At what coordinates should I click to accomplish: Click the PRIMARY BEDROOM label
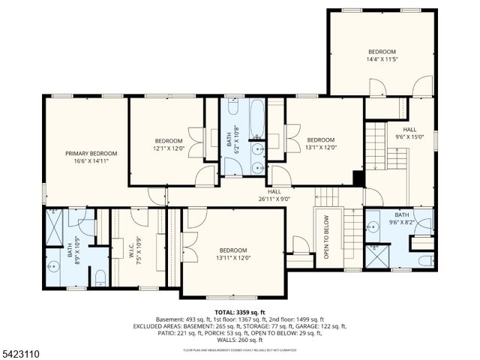coord(91,153)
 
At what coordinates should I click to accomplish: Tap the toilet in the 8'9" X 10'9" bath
coord(100,278)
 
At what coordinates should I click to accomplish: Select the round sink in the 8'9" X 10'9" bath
coord(53,266)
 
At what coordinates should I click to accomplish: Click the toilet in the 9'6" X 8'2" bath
coord(425,260)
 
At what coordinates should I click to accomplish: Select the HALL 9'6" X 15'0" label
coord(409,133)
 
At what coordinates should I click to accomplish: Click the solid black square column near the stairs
coord(358,179)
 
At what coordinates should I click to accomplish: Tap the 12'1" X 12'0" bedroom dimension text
coord(168,148)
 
